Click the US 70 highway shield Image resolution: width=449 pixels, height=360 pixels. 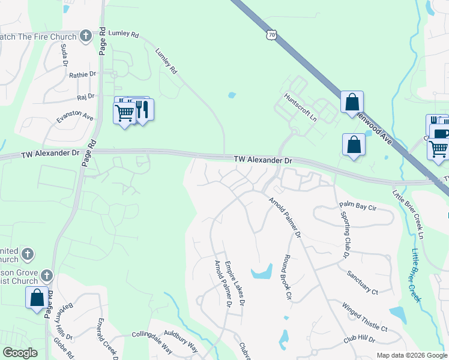tap(272, 35)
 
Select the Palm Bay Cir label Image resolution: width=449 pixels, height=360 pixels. tap(357, 206)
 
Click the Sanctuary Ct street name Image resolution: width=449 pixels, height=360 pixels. tap(363, 283)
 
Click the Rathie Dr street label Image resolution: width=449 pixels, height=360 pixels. tap(82, 74)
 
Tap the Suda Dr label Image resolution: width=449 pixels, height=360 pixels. tap(64, 55)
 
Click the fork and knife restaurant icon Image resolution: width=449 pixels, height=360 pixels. tap(143, 109)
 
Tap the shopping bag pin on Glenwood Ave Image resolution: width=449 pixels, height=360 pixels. tap(352, 101)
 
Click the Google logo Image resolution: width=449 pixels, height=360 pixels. tap(20, 353)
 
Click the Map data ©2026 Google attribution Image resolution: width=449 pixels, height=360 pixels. tap(412, 355)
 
